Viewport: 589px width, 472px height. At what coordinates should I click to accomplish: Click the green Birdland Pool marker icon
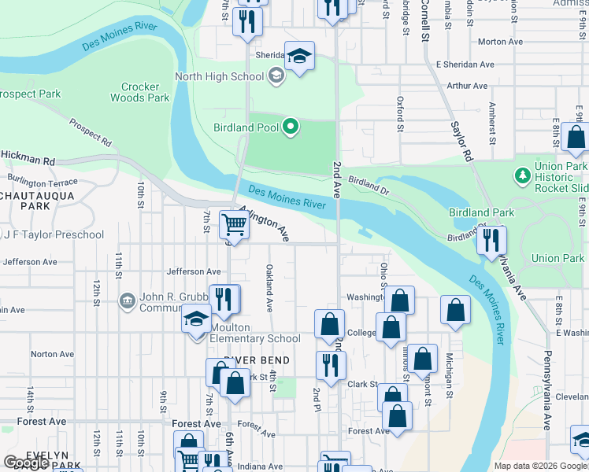(x=291, y=127)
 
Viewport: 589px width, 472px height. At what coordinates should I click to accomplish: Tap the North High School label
(x=219, y=76)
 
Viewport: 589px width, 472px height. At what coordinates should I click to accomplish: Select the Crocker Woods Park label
(x=145, y=93)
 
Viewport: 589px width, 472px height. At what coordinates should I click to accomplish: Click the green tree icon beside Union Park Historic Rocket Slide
(x=520, y=174)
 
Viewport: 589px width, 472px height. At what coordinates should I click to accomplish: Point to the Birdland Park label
(x=481, y=212)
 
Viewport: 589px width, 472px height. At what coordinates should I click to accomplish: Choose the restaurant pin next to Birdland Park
(x=492, y=241)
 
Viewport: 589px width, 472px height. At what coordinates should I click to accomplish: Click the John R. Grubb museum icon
(x=127, y=301)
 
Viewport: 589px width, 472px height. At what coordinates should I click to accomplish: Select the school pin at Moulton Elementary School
(x=196, y=319)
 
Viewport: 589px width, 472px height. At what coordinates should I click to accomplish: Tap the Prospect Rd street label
(x=90, y=133)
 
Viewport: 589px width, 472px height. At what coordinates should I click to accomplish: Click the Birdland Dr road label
(x=369, y=185)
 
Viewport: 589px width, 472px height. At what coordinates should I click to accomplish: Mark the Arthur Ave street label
(x=467, y=86)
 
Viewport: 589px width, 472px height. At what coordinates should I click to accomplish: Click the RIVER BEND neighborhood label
(x=256, y=360)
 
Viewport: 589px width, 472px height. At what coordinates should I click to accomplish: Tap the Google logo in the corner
(x=26, y=463)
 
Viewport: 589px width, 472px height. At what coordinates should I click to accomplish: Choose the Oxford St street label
(x=400, y=115)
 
